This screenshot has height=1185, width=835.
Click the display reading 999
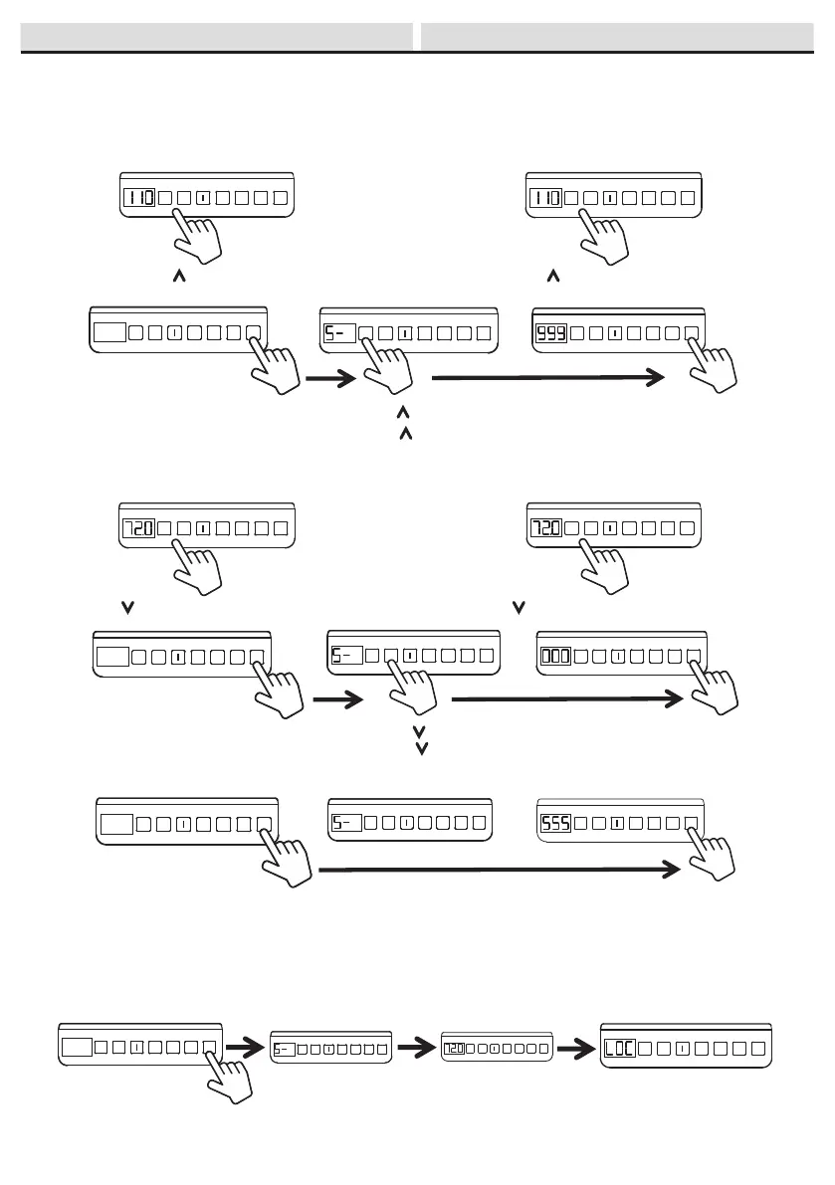(551, 334)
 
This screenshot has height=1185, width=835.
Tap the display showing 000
(555, 657)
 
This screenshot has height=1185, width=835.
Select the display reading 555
(555, 824)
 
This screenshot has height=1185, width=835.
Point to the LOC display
(619, 1049)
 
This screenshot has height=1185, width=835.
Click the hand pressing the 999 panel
(713, 366)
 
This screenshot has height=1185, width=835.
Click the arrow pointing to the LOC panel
(574, 1048)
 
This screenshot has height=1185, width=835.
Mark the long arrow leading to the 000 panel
(567, 700)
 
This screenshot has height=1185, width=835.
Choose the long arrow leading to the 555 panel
(498, 872)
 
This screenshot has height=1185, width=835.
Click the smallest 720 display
(454, 1049)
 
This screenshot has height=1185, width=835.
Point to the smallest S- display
(284, 1049)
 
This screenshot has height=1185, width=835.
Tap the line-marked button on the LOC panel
(677, 1048)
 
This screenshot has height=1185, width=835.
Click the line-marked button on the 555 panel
(617, 824)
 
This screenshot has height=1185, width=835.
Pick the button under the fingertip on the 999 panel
(693, 334)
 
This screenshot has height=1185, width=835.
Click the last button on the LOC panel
(758, 1048)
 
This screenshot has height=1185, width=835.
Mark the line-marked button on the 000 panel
(617, 657)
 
